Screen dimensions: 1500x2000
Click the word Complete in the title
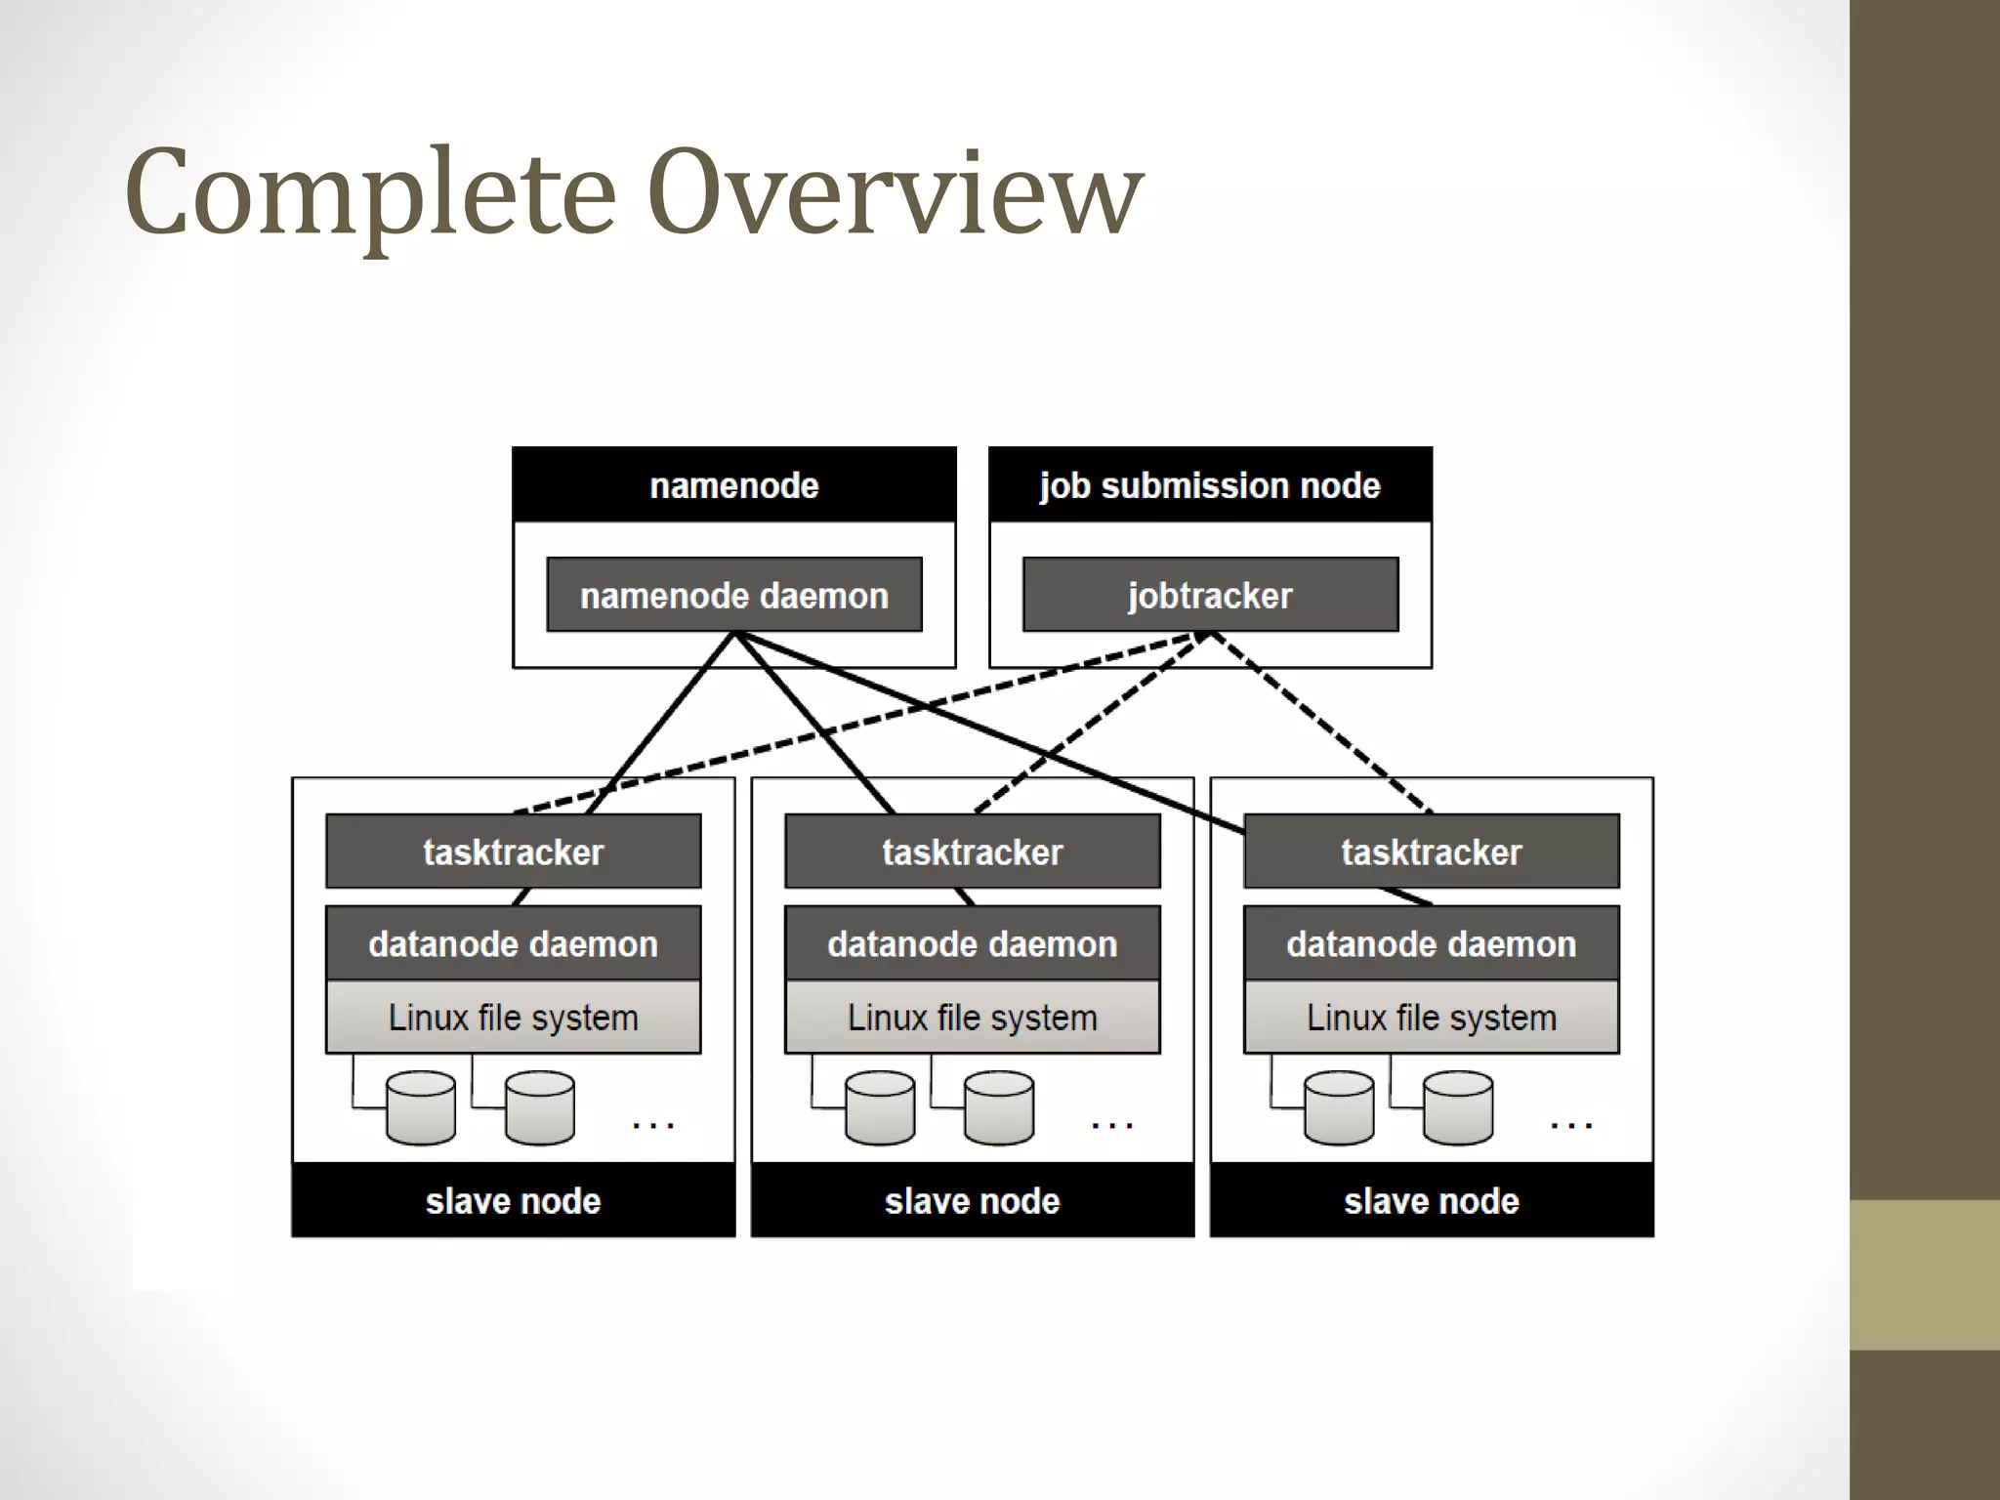tap(371, 193)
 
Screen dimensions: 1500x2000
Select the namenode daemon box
tap(734, 595)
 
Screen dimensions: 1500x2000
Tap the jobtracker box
tap(1210, 595)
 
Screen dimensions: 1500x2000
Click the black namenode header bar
tap(734, 485)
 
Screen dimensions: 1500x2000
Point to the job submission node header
tap(1210, 485)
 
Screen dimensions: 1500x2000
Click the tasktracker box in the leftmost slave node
tap(514, 852)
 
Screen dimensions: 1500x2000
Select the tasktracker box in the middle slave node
tap(973, 852)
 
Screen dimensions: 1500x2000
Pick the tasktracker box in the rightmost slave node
tap(1432, 852)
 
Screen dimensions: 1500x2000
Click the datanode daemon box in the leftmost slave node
tap(514, 943)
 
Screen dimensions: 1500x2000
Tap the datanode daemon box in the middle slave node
tap(973, 943)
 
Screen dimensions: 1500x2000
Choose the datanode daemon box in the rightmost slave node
tap(1432, 943)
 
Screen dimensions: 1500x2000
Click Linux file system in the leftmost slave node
tap(514, 1018)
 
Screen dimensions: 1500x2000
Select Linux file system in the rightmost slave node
tap(1432, 1018)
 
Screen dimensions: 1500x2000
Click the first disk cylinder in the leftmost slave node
tap(421, 1108)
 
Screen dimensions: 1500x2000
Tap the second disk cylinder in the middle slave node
tap(999, 1108)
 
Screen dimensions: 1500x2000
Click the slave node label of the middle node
tap(973, 1200)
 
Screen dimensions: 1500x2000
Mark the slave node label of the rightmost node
tap(1432, 1200)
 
